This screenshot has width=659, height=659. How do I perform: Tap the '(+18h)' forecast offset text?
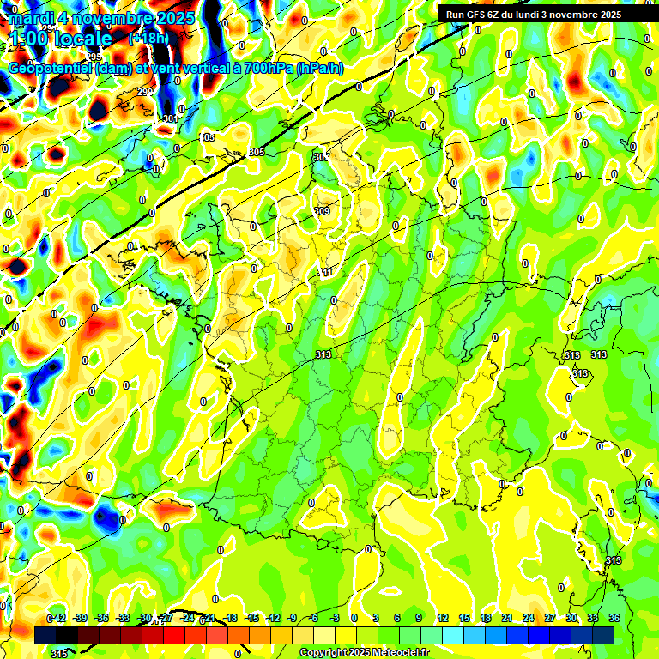[x=149, y=38]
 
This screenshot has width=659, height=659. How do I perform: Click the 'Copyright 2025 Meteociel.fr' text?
[x=365, y=652]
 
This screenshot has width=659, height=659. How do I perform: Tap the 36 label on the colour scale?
[x=614, y=618]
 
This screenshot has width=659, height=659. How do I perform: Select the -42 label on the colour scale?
[x=57, y=618]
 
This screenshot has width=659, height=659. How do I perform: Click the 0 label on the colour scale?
[x=354, y=618]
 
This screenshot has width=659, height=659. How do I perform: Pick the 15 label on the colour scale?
[x=464, y=618]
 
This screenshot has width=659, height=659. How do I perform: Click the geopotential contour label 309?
[x=323, y=211]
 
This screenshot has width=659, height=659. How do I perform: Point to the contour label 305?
[x=257, y=152]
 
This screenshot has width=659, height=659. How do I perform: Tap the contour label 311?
[x=326, y=272]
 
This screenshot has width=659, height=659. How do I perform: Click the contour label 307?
[x=321, y=157]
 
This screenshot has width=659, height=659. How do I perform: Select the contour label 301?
[x=170, y=119]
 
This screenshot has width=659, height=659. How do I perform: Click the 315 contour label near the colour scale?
[x=58, y=653]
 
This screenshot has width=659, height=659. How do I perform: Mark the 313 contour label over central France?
[x=323, y=354]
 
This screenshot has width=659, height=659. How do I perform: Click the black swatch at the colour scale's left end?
[x=45, y=635]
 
